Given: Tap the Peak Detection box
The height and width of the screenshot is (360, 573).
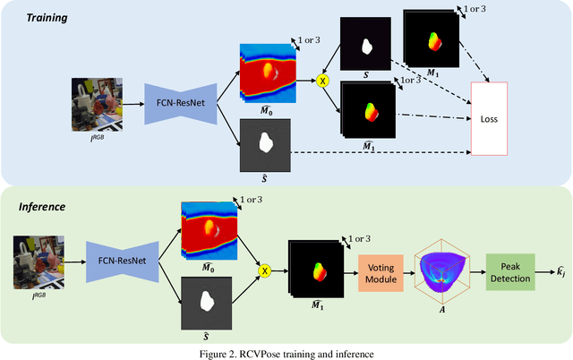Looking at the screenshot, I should point(509,268).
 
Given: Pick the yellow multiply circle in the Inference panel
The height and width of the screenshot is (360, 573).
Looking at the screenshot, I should point(265,269).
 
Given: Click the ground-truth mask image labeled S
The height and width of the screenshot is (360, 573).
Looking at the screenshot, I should point(365,46).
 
